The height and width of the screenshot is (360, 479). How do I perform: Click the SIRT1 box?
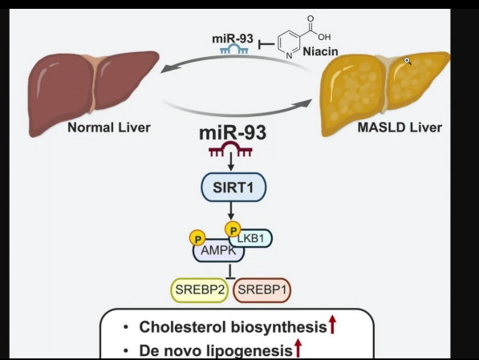click(x=233, y=187)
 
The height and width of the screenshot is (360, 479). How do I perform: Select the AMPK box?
click(x=218, y=251)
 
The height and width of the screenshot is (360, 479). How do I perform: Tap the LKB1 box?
click(x=250, y=238)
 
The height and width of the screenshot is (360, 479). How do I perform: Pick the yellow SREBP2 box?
click(x=200, y=289)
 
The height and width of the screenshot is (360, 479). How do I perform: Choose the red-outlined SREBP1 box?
click(x=262, y=289)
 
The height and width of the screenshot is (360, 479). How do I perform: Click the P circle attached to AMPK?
click(x=197, y=238)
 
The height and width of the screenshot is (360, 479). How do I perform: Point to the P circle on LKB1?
click(x=233, y=230)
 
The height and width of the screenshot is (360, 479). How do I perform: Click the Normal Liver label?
click(x=109, y=127)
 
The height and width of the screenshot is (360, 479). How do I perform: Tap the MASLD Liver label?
click(x=400, y=127)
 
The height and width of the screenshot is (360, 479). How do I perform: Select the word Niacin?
click(x=320, y=51)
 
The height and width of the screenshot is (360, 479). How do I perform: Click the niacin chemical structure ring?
click(x=289, y=44)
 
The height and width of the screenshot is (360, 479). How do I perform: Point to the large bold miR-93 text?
click(x=233, y=133)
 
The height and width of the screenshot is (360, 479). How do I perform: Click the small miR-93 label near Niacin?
click(x=233, y=38)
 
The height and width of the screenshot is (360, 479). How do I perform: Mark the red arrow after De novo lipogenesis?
click(x=298, y=348)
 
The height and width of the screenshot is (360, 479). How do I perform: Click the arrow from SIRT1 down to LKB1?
click(x=231, y=210)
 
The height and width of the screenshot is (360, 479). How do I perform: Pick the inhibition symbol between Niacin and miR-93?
click(x=266, y=45)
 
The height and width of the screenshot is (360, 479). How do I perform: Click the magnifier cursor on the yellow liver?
click(x=408, y=61)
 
